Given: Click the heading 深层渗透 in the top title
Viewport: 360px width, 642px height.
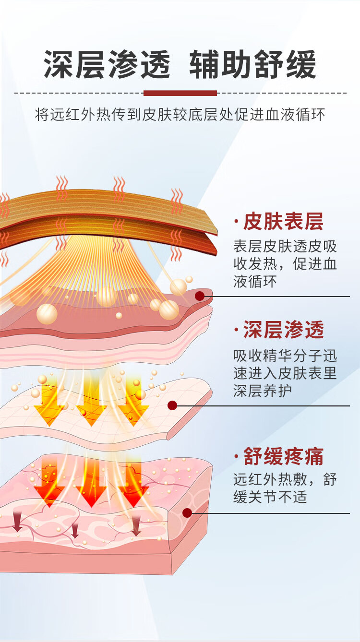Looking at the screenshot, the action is tap(107, 64).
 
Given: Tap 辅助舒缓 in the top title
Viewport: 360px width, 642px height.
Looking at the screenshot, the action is tap(252, 64).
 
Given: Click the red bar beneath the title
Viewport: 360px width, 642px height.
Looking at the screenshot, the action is tap(180, 93).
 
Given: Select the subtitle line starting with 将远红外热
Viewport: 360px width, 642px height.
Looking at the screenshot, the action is tap(180, 115).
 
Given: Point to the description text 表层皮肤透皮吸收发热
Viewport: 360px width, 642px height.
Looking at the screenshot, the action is tap(285, 263).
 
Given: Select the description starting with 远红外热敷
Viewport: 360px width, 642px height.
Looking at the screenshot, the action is tap(285, 487).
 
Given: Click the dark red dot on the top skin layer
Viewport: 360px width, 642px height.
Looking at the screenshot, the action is tap(200, 296).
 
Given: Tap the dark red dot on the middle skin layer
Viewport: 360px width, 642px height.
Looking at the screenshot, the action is tap(172, 405).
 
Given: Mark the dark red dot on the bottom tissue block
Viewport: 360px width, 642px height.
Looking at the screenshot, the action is tap(187, 513).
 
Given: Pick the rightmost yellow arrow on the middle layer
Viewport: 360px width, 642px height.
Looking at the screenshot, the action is tap(133, 402).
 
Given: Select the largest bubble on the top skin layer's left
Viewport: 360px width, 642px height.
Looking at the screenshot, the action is tap(47, 314).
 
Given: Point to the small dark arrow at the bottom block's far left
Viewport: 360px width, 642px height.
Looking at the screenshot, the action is tap(17, 523).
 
